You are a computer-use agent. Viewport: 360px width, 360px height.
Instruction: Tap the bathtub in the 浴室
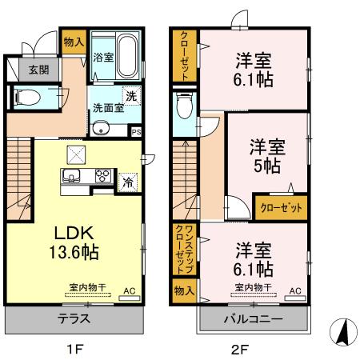[125, 44]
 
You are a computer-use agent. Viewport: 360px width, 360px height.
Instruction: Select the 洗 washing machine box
[131, 95]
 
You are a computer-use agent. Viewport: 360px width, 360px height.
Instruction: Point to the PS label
[136, 132]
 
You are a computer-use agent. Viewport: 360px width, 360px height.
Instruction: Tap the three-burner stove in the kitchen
[104, 176]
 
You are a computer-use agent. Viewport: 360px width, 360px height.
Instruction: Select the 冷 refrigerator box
[127, 182]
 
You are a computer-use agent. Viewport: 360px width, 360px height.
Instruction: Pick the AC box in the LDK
[127, 293]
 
